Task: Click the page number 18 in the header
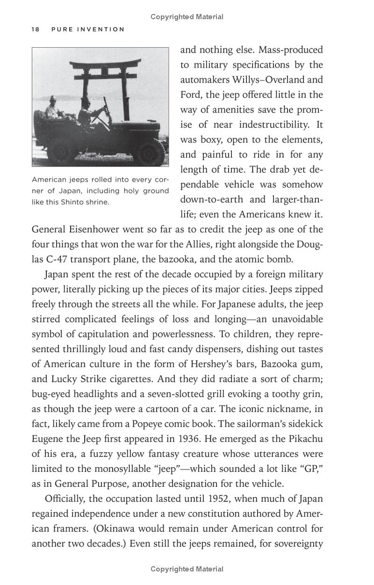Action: pyautogui.click(x=35, y=29)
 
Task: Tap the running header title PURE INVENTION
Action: pyautogui.click(x=88, y=29)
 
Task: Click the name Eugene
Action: pyautogui.click(x=47, y=439)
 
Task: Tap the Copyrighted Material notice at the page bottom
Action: pyautogui.click(x=187, y=569)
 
